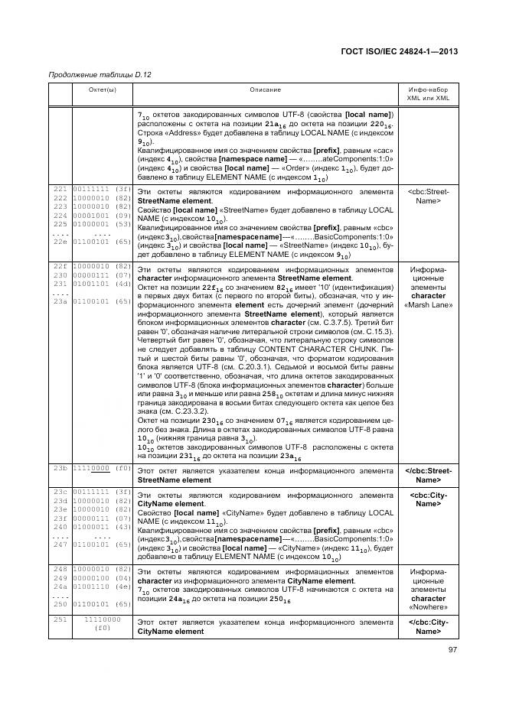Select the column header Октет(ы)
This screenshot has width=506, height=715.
coord(100,89)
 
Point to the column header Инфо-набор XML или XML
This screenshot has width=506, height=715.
coord(427,94)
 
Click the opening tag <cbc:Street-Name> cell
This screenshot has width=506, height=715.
coord(428,196)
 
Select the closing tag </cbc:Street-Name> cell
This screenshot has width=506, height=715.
coord(428,475)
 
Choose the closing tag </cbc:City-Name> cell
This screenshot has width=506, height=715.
coord(428,626)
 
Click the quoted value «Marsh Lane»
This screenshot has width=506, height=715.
coord(428,305)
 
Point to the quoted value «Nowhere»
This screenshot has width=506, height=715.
coord(428,606)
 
